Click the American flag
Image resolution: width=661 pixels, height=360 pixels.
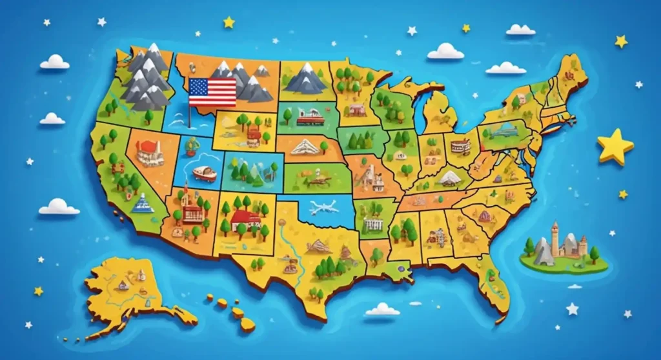212,92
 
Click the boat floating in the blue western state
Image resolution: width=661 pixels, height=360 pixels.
204,173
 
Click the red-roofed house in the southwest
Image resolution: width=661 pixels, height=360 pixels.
245,219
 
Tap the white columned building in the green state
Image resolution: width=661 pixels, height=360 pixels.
373,223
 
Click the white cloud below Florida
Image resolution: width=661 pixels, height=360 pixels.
382,310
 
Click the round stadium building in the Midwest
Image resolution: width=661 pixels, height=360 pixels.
460,146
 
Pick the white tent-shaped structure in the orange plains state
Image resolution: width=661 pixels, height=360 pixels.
305,147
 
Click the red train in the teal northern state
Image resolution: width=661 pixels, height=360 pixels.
308,117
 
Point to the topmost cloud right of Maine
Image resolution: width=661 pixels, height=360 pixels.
520,30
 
